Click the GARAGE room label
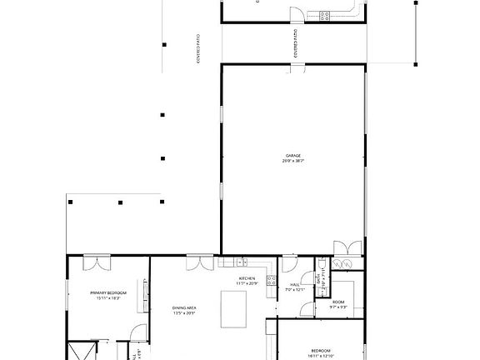(x=292, y=156)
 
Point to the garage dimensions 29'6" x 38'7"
(x=292, y=161)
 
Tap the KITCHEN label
(x=247, y=278)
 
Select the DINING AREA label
(x=184, y=308)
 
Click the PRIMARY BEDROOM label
(x=108, y=292)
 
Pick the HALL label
(x=294, y=286)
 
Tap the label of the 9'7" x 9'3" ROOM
(x=338, y=302)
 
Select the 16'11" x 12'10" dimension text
(x=322, y=356)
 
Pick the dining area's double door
(x=197, y=262)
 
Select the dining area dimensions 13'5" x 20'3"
(x=184, y=313)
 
